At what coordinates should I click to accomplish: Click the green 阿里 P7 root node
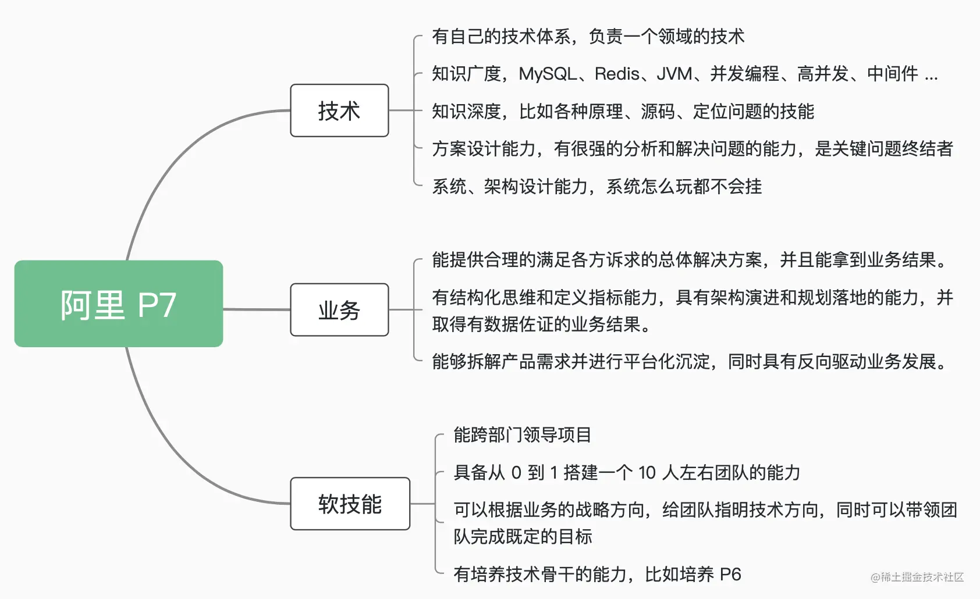pyautogui.click(x=119, y=304)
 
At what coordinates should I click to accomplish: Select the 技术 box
pyautogui.click(x=339, y=110)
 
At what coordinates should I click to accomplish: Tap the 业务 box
pyautogui.click(x=339, y=309)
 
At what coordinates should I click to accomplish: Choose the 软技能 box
pyautogui.click(x=350, y=504)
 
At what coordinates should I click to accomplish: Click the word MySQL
pyautogui.click(x=548, y=74)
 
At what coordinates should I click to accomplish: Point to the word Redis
pyautogui.click(x=617, y=74)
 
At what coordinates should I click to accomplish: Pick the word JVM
pyautogui.click(x=674, y=74)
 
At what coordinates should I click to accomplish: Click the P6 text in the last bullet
pyautogui.click(x=730, y=575)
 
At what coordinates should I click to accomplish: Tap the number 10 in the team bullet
pyautogui.click(x=647, y=473)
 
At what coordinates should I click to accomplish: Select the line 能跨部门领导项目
pyautogui.click(x=522, y=435)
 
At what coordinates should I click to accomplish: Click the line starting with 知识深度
pyautogui.click(x=623, y=111)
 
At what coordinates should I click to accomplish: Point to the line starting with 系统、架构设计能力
pyautogui.click(x=596, y=187)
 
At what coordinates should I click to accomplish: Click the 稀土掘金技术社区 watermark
pyautogui.click(x=917, y=577)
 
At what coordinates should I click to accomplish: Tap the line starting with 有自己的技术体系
pyautogui.click(x=588, y=37)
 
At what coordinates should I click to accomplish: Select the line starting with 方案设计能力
pyautogui.click(x=692, y=149)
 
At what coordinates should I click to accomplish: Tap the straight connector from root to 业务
pyautogui.click(x=257, y=309)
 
